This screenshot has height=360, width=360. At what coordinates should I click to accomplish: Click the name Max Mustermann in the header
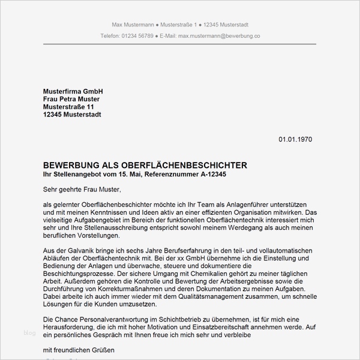pos(133,25)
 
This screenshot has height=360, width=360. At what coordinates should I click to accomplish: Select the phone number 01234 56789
pos(137,36)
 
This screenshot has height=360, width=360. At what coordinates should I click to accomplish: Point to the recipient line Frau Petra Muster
pos(71,98)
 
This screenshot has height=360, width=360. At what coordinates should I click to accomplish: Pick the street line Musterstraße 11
pos(68,106)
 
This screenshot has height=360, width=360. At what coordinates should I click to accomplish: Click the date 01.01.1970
pos(295,139)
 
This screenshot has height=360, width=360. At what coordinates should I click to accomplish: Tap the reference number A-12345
pos(213,174)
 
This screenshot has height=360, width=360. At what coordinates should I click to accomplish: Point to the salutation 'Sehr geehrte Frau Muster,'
pos(82,189)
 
